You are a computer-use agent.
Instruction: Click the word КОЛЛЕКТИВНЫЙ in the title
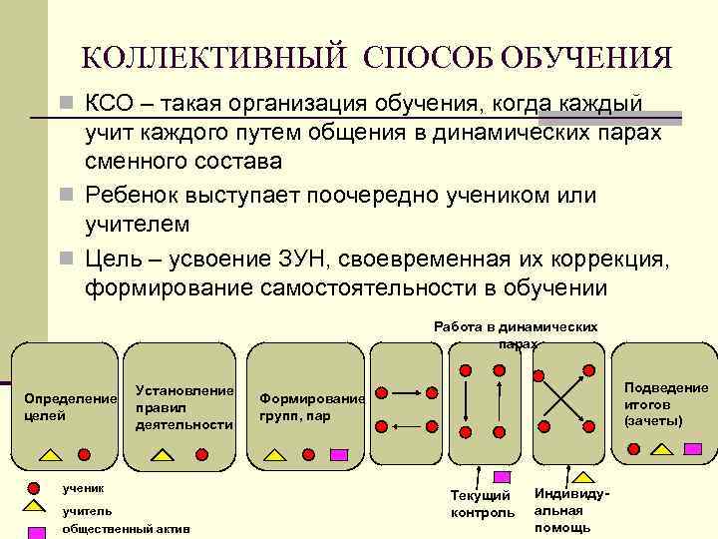[x=214, y=57]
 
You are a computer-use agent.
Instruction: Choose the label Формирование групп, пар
[x=311, y=406]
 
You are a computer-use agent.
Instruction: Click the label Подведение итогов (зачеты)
[x=665, y=403]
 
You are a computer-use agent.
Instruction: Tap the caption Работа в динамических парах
[x=516, y=334]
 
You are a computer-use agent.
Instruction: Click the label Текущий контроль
[x=483, y=504]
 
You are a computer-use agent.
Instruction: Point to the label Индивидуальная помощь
[x=566, y=509]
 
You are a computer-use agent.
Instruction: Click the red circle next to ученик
[x=34, y=489]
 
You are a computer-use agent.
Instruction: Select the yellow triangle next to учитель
[x=34, y=508]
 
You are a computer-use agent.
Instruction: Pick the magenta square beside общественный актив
[x=34, y=530]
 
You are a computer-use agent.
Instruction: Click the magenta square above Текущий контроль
[x=503, y=477]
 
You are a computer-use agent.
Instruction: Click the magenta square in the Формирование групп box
[x=339, y=454]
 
